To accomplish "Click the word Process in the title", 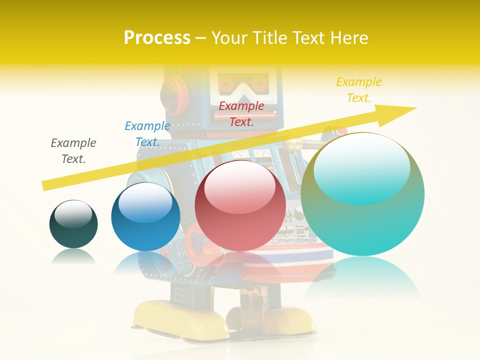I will (x=157, y=37).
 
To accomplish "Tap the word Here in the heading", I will (x=348, y=37).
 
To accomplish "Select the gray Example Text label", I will (x=73, y=150).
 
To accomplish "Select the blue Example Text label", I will (x=147, y=134).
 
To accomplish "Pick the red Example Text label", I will (x=241, y=113).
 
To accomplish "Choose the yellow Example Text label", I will (x=358, y=90).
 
